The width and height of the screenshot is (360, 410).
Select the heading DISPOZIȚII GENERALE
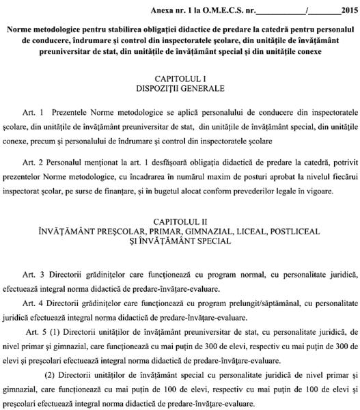point(180,89)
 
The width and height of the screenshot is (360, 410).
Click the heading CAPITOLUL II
point(180,223)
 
